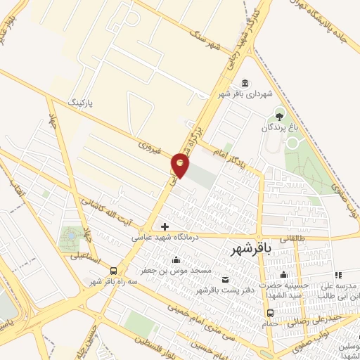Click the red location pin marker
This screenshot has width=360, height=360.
(181, 165)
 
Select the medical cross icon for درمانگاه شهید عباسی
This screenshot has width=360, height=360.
(165, 226)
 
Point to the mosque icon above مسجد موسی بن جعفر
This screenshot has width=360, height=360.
(175, 259)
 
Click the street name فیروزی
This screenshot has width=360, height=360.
(149, 149)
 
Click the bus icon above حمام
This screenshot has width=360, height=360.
(270, 313)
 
